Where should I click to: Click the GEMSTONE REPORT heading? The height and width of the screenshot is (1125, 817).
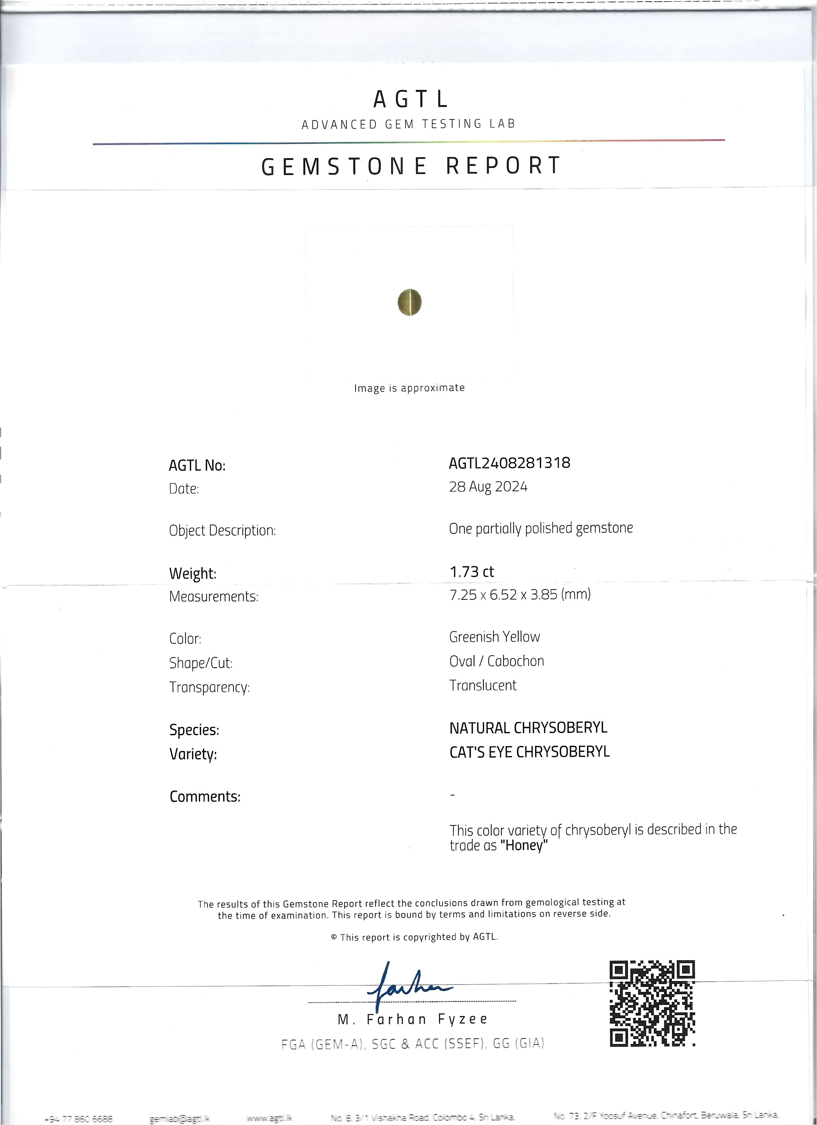click(411, 166)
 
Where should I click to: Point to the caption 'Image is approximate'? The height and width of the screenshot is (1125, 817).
click(409, 388)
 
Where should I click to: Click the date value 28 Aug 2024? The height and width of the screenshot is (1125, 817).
click(488, 487)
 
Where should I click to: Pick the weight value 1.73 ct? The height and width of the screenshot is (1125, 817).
click(472, 572)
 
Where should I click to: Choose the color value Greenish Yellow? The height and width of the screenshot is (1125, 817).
click(495, 637)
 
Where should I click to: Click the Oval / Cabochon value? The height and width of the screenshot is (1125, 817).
click(496, 661)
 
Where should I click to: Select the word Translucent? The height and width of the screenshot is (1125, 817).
click(483, 685)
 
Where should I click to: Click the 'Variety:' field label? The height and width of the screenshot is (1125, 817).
click(193, 754)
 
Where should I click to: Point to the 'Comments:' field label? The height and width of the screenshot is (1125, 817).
click(205, 797)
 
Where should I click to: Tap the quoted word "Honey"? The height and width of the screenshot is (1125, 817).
click(524, 846)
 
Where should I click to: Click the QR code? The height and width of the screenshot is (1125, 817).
click(652, 1003)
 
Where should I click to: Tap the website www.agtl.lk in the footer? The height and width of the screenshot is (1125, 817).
click(264, 1115)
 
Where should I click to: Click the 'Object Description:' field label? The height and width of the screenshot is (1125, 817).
click(222, 531)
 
